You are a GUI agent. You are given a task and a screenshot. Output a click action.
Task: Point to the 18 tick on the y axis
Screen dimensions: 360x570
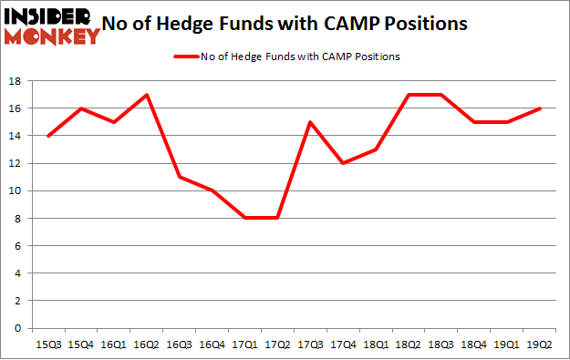16,81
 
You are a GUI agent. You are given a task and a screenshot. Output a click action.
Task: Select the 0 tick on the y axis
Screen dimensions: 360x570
18,328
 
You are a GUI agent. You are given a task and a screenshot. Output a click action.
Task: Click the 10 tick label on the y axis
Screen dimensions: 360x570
16,190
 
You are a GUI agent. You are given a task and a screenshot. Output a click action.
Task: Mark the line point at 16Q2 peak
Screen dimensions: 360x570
146,95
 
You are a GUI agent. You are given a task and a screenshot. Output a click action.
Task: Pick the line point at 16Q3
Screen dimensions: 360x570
180,177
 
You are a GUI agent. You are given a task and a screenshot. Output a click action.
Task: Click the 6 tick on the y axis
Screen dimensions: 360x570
18,246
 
